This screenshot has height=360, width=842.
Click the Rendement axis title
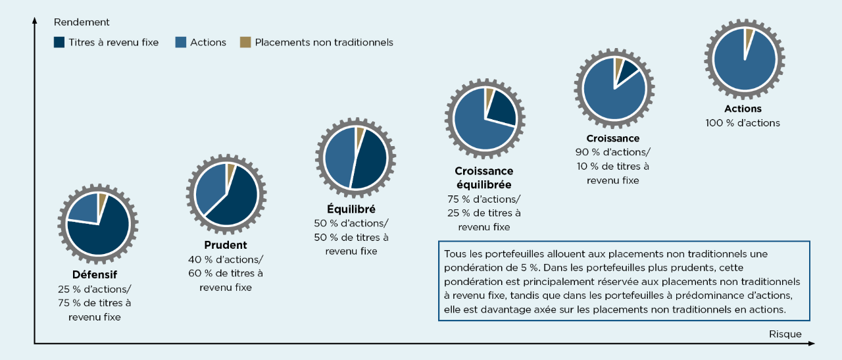click(82, 22)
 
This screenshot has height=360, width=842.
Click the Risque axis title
click(785, 334)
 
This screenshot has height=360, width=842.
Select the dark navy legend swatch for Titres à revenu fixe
click(59, 42)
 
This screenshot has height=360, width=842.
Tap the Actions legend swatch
click(180, 42)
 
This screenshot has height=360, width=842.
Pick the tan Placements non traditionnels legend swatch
click(245, 42)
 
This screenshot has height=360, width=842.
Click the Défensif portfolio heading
click(94, 274)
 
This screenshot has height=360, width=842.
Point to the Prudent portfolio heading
click(225, 245)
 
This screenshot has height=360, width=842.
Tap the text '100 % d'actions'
click(743, 123)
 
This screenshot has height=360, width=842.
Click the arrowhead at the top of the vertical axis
click(34, 22)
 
